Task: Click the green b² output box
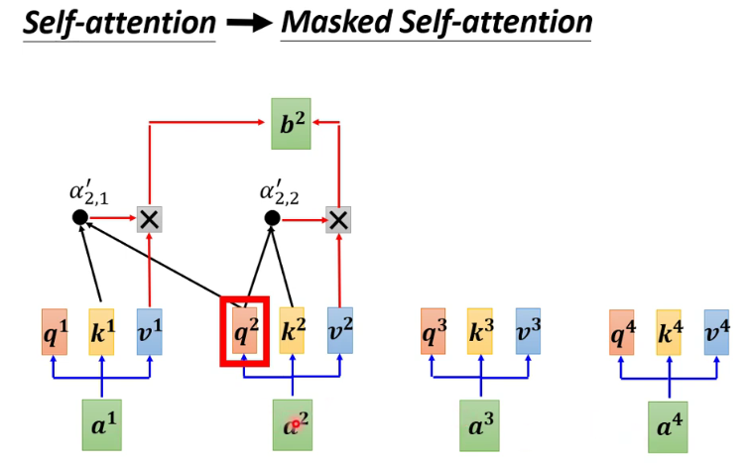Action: click(x=291, y=124)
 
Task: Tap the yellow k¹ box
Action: click(x=102, y=331)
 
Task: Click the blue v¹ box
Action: click(x=150, y=331)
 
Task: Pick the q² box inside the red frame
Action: click(x=244, y=331)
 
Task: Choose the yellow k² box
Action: click(x=292, y=331)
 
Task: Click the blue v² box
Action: click(x=340, y=331)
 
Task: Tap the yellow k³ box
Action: click(x=480, y=331)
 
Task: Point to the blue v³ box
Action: click(x=528, y=331)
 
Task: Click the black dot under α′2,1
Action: click(x=80, y=219)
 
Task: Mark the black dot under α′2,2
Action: click(x=270, y=219)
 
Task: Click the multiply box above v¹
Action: click(x=150, y=219)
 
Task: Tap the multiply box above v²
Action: click(x=340, y=219)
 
